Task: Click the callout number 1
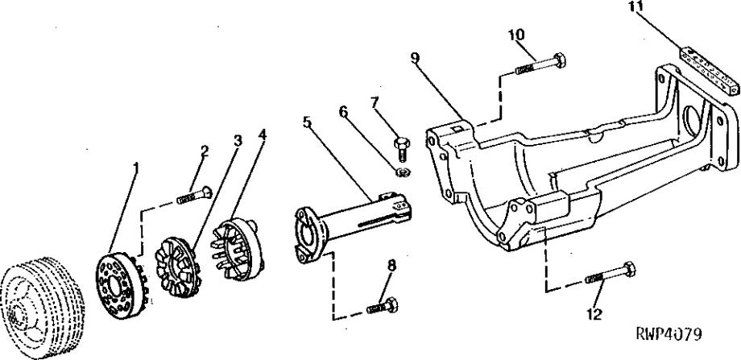(x=136, y=168)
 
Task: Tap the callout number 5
(x=307, y=122)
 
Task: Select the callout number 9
(x=415, y=58)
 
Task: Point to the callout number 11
(x=636, y=6)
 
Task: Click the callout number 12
(x=595, y=314)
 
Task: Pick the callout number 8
(x=391, y=266)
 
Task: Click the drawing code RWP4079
(x=669, y=334)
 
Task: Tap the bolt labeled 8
(x=383, y=306)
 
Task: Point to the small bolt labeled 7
(x=402, y=149)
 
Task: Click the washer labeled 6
(x=403, y=172)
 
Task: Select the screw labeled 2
(x=194, y=195)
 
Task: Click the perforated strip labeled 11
(x=709, y=71)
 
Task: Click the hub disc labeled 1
(x=122, y=286)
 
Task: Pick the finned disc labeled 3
(x=178, y=267)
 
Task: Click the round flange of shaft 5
(x=310, y=234)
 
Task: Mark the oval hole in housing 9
(x=693, y=122)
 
